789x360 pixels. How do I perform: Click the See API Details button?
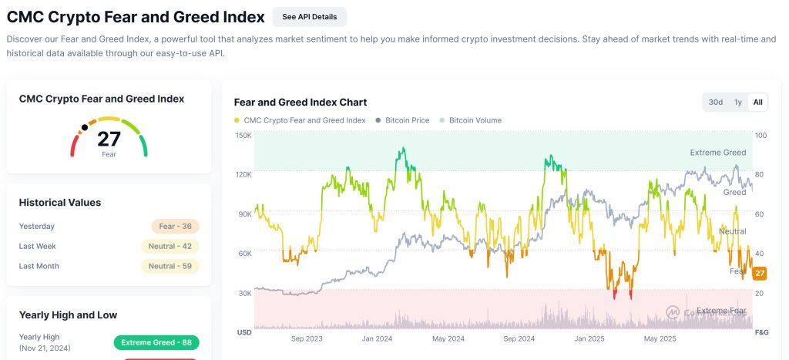coord(309,16)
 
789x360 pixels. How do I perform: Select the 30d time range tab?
coord(716,102)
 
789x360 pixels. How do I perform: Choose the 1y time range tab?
coord(738,102)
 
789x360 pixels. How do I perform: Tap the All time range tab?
coord(758,102)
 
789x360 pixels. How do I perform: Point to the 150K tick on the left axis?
coord(243,136)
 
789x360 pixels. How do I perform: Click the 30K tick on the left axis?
coord(245,293)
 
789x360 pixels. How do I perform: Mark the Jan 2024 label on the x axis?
coord(378,338)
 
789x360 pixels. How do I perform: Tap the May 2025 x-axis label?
coord(659,338)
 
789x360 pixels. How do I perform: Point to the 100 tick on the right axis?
coord(760,136)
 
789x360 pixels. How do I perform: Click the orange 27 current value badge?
coord(760,274)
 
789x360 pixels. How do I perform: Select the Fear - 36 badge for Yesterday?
coord(176,227)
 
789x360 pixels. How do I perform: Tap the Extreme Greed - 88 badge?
coord(156,343)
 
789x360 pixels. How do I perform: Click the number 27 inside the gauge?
coord(109,139)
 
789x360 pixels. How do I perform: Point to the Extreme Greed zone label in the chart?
coord(717,153)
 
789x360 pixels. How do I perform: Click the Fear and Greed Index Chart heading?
coord(300,102)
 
